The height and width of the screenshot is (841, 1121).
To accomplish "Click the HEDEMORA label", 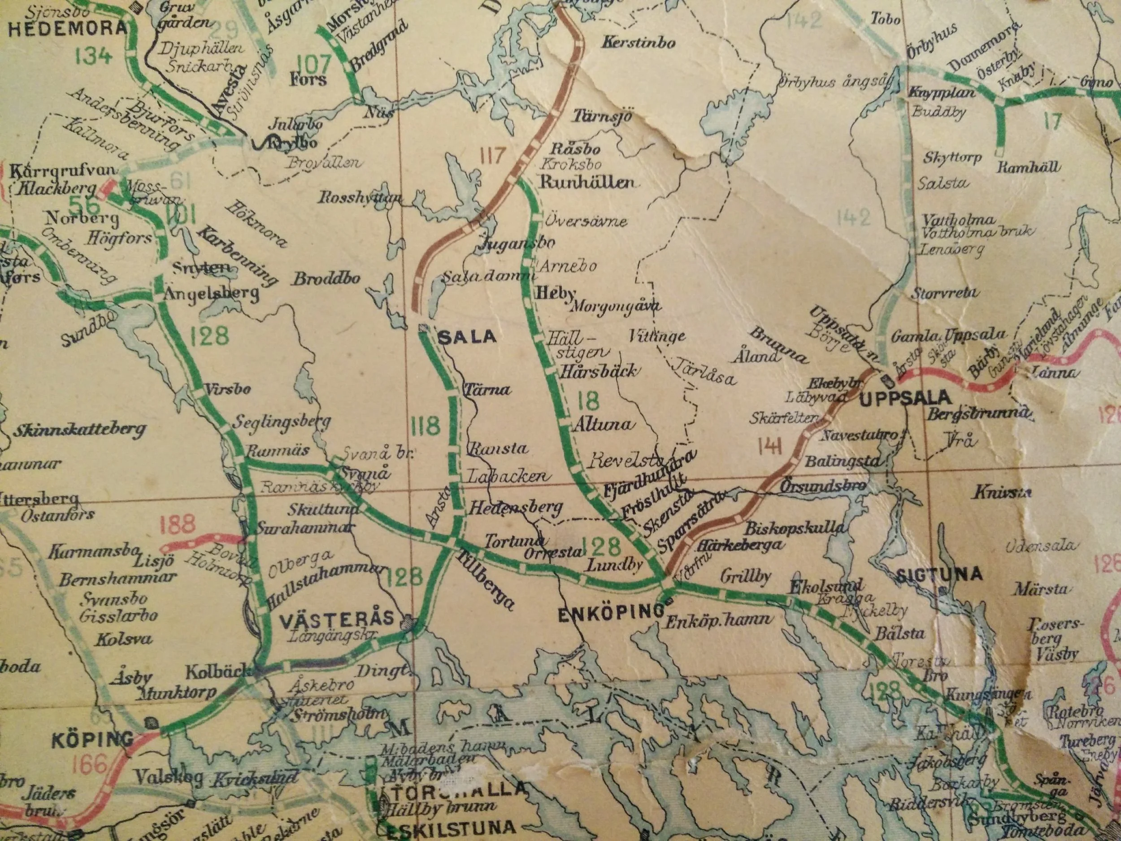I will [67, 28].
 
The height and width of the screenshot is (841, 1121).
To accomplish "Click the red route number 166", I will [90, 764].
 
